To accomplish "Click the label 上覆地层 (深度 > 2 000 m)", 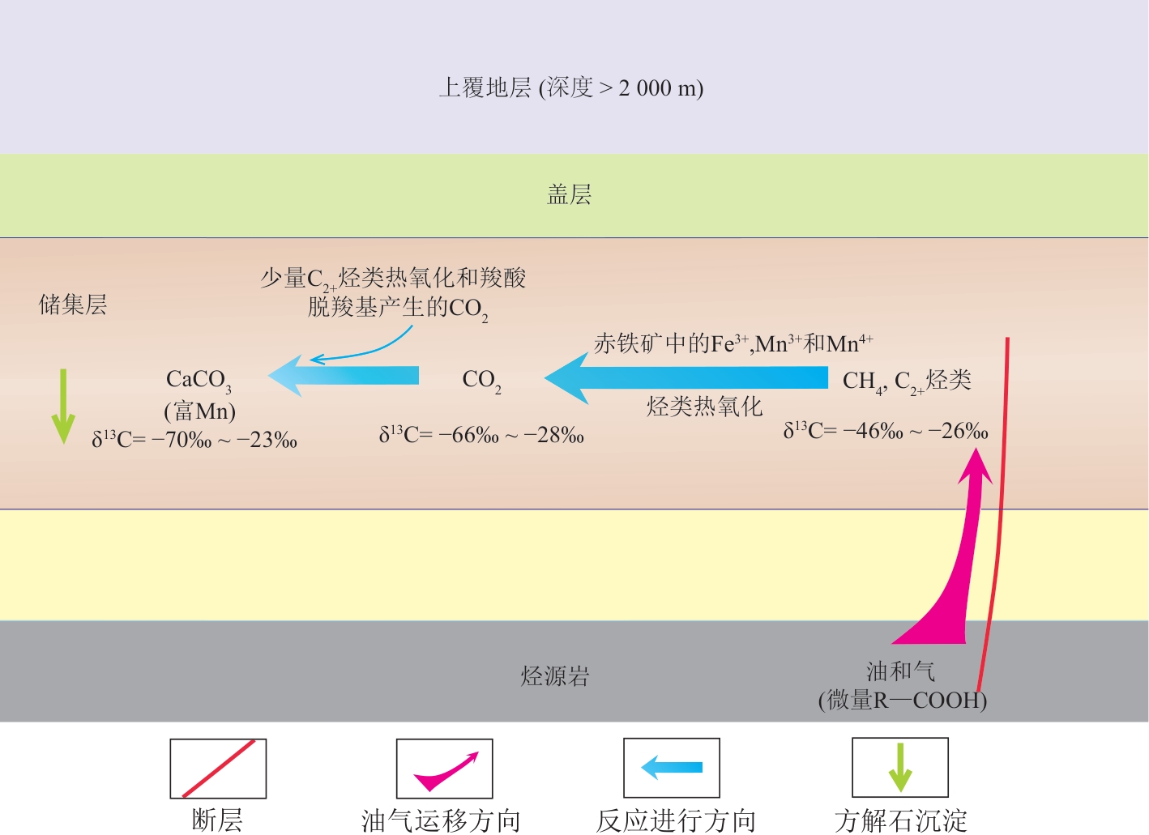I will [x=570, y=87].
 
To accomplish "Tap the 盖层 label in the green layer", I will [x=570, y=194].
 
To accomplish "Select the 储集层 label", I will [x=73, y=305].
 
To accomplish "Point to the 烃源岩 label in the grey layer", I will [x=555, y=676].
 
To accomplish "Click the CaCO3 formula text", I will [x=199, y=379].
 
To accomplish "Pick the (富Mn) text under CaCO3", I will [x=199, y=411].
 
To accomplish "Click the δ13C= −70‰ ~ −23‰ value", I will [x=194, y=440].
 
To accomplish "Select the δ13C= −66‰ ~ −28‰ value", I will [x=481, y=435].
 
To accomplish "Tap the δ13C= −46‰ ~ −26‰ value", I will [x=886, y=431].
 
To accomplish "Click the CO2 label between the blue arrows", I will [x=481, y=380].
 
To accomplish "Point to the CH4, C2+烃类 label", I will [x=907, y=381].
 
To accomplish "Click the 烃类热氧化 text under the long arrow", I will [x=704, y=407].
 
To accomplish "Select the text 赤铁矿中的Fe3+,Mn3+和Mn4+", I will [x=733, y=343].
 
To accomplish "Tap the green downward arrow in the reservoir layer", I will [x=63, y=407].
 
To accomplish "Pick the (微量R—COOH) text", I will [x=902, y=700].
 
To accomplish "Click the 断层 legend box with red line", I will [x=218, y=769].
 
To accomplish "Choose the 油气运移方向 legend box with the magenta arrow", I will [x=444, y=769].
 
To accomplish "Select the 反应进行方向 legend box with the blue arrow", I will [x=672, y=768].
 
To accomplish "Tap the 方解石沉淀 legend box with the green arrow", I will [x=899, y=768].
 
